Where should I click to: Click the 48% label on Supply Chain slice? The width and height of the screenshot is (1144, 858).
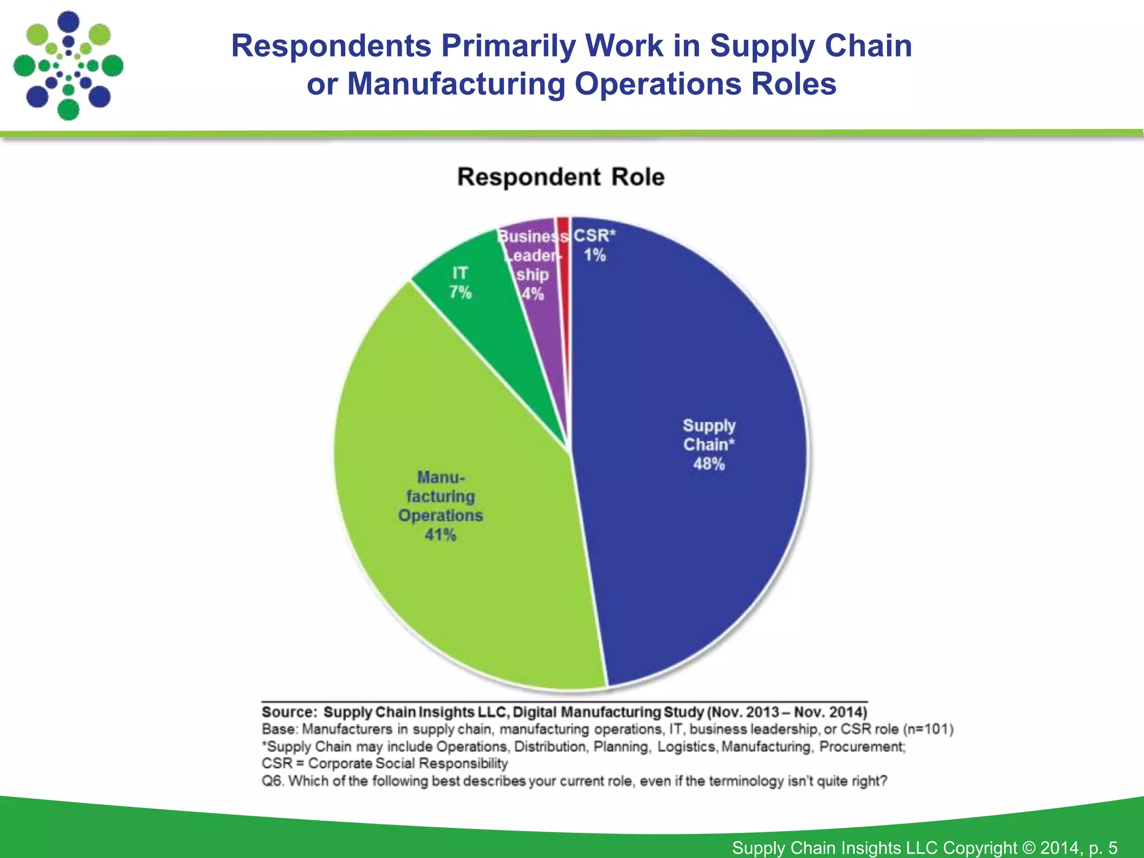point(709,464)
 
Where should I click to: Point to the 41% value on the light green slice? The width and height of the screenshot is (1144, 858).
point(440,535)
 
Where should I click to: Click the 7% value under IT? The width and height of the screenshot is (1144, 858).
point(460,292)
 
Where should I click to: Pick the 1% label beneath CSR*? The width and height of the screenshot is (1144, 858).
point(595,255)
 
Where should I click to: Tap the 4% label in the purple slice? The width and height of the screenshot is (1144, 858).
point(533,294)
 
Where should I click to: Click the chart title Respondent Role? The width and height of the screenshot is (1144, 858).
point(561,177)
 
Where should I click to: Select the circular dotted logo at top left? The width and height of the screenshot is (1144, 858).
point(68,65)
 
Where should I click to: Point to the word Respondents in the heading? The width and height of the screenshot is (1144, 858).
point(331,46)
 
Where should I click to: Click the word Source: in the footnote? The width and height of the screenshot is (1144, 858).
point(289,712)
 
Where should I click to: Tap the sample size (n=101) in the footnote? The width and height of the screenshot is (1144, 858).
point(928,729)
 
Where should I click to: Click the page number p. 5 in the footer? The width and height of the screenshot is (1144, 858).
point(1103,847)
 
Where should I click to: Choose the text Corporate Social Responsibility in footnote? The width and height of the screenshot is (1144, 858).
point(408,763)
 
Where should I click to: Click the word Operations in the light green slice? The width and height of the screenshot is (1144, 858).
point(440,515)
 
